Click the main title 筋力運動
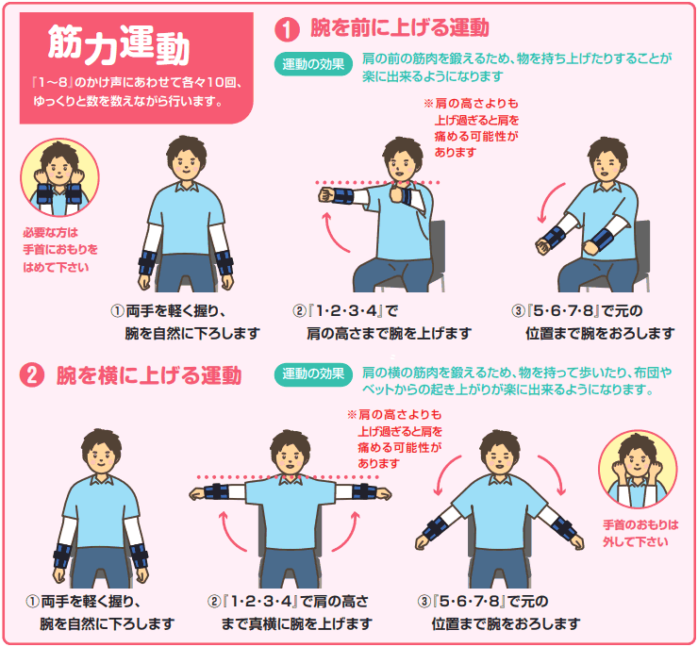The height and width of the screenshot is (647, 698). pyautogui.click(x=119, y=44)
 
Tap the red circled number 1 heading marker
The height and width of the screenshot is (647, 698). pyautogui.click(x=287, y=29)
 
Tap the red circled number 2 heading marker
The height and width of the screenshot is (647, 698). pyautogui.click(x=32, y=375)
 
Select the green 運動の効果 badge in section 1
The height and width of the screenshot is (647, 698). pyautogui.click(x=313, y=64)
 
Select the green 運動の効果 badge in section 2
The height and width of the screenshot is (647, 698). pyautogui.click(x=313, y=373)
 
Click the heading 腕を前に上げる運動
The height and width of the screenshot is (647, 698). pyautogui.click(x=399, y=27)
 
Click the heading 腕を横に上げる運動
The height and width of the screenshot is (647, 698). pyautogui.click(x=149, y=375)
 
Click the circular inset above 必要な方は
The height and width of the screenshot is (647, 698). pyautogui.click(x=59, y=177)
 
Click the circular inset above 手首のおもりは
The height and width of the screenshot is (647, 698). pyautogui.click(x=637, y=469)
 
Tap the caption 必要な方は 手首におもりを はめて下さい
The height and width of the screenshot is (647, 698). pyautogui.click(x=60, y=250)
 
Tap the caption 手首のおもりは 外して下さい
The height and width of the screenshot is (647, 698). pyautogui.click(x=640, y=533)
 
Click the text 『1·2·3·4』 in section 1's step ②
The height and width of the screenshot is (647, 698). pyautogui.click(x=345, y=310)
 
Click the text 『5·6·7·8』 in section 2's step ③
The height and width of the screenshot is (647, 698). pyautogui.click(x=468, y=601)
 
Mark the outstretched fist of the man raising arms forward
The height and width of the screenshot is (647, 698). pyautogui.click(x=326, y=195)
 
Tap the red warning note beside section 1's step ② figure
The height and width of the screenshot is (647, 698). pyautogui.click(x=472, y=127)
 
